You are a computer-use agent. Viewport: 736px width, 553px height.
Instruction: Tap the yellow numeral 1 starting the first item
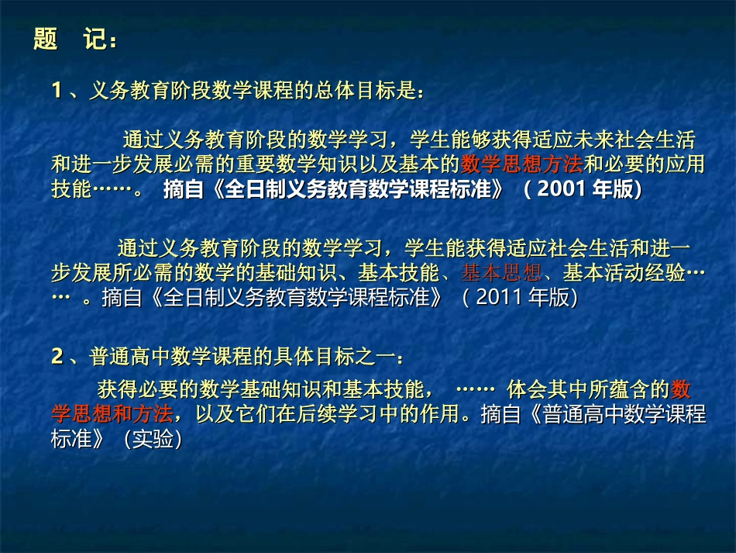(x=57, y=92)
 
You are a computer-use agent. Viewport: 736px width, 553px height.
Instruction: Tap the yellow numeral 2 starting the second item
(x=57, y=357)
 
